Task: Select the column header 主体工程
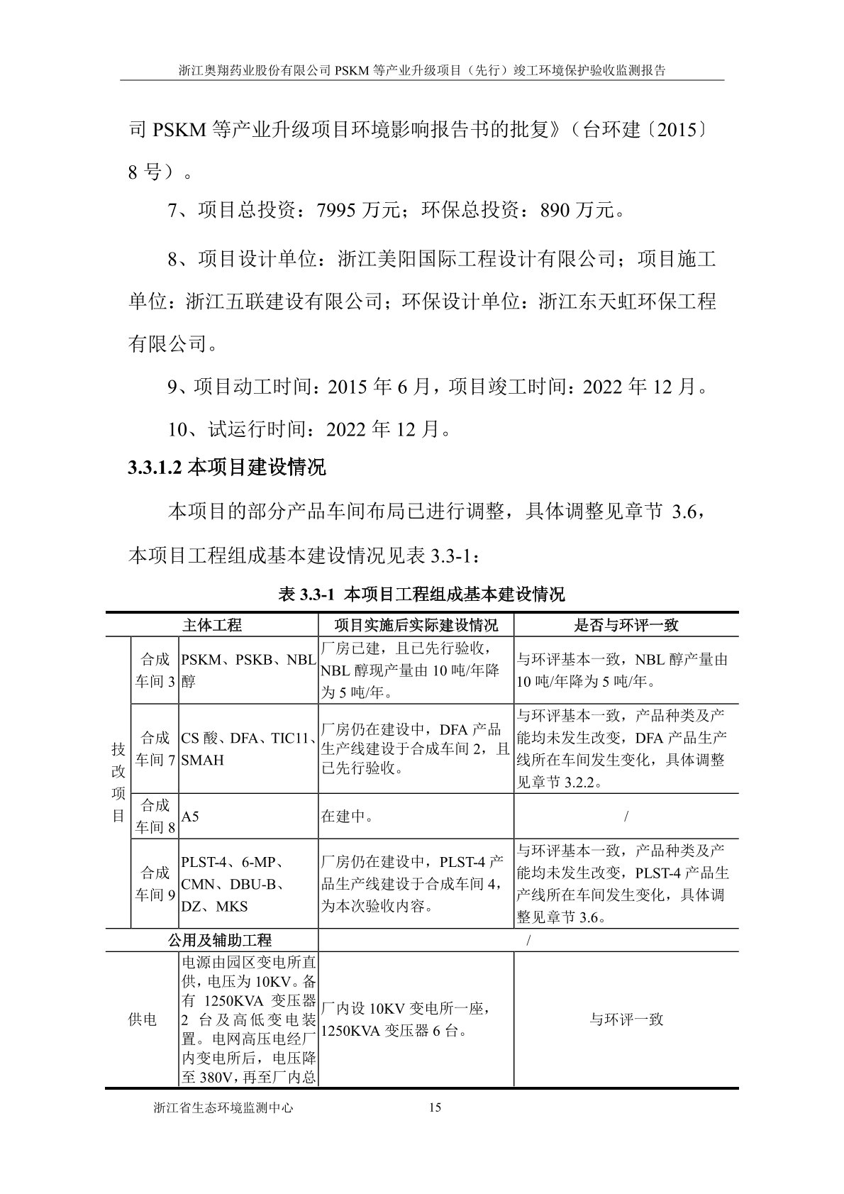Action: click(x=212, y=624)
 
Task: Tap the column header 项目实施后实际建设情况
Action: click(x=416, y=624)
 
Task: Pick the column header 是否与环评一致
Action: click(x=626, y=624)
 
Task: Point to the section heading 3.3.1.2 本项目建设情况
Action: click(x=226, y=468)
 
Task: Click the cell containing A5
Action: click(x=190, y=816)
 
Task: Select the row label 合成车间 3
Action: click(x=155, y=670)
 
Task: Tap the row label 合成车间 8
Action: click(x=155, y=816)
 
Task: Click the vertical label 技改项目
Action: click(x=118, y=783)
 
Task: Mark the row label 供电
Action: click(x=142, y=1020)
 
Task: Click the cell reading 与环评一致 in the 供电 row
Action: click(x=626, y=1020)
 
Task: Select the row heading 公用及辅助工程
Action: click(x=220, y=941)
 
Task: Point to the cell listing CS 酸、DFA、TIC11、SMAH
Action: click(x=248, y=748)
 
